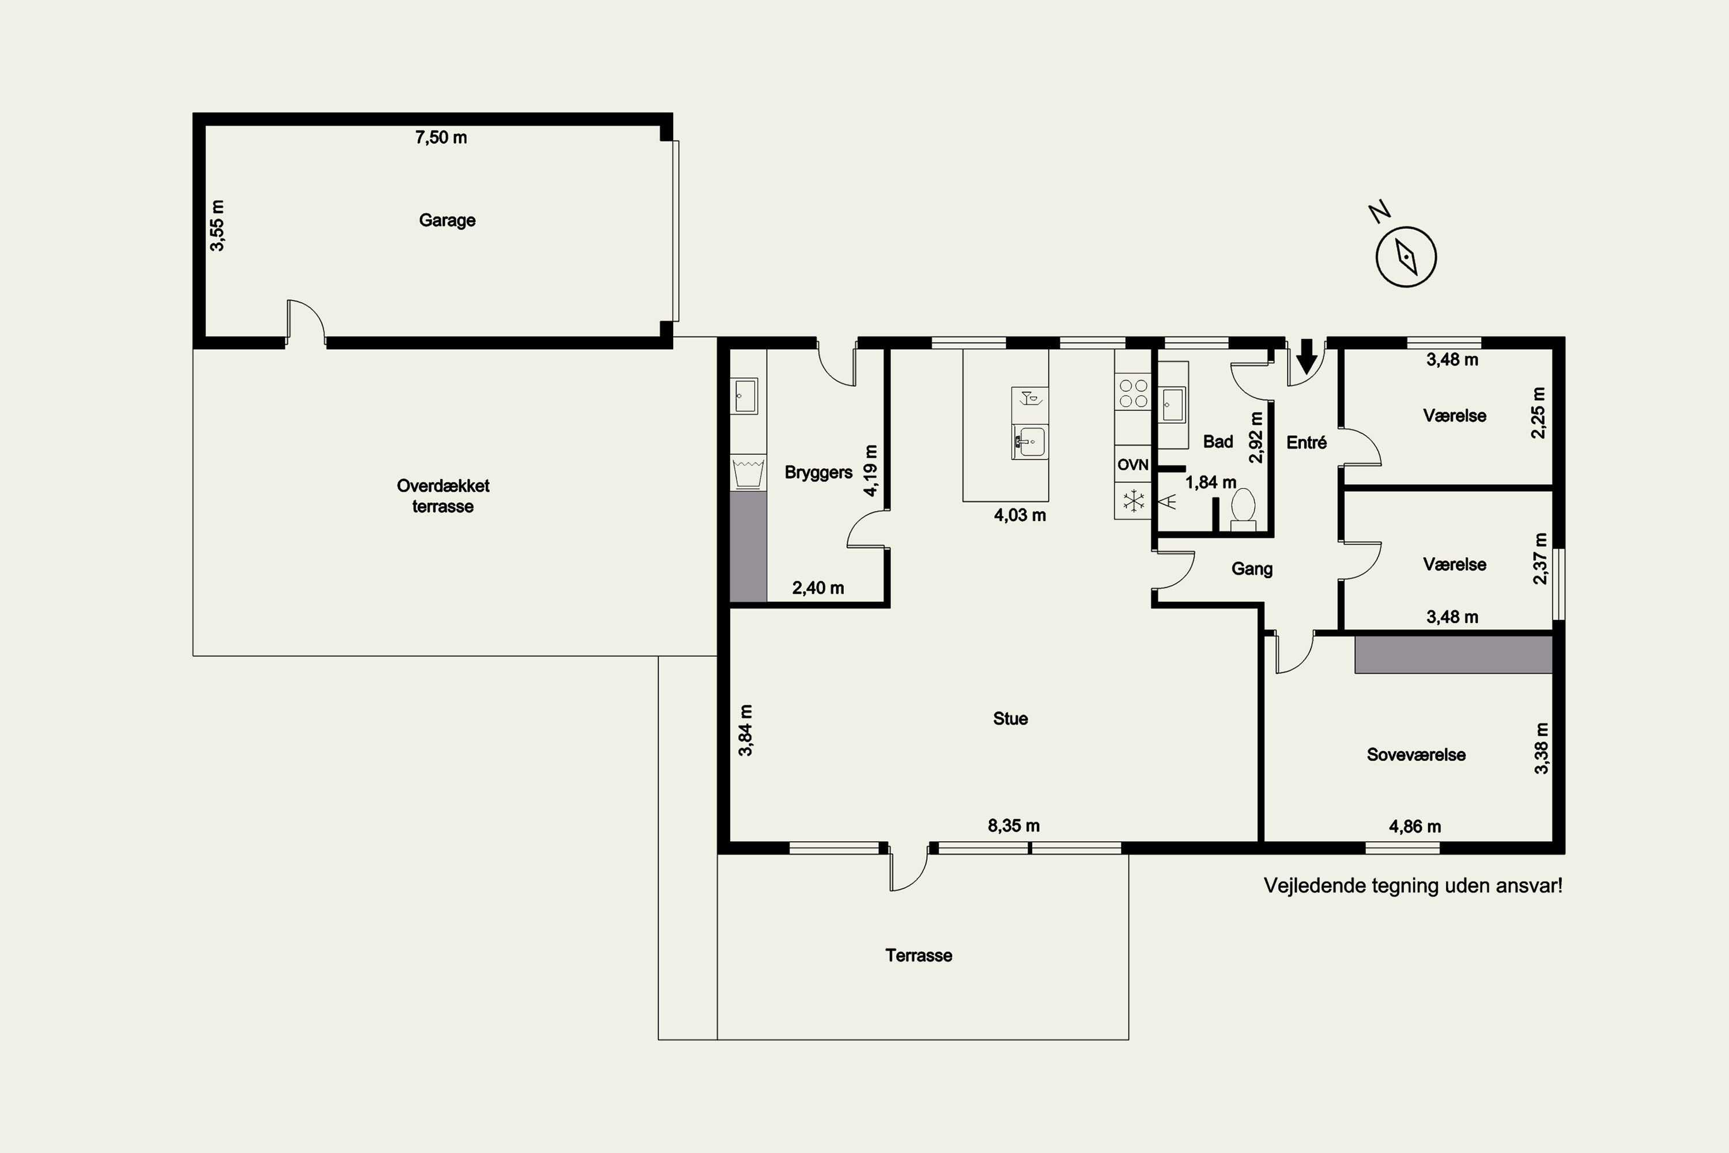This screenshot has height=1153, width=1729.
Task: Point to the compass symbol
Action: click(1406, 257)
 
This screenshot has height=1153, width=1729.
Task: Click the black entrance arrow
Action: click(1307, 356)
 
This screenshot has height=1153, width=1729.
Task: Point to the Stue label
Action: click(1010, 718)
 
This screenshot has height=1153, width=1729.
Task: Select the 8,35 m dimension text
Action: click(1014, 826)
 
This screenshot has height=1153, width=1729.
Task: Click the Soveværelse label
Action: click(1416, 755)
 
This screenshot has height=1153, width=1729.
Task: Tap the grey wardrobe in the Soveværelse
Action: click(1454, 654)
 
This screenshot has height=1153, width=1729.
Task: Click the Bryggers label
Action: click(818, 473)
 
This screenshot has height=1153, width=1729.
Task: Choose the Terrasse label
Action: click(918, 955)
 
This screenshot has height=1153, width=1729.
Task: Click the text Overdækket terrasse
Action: click(443, 496)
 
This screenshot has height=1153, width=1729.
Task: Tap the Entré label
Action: click(1307, 443)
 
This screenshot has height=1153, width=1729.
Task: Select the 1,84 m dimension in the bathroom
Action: click(1211, 483)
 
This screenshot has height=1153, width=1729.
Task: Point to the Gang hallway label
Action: click(1252, 569)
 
